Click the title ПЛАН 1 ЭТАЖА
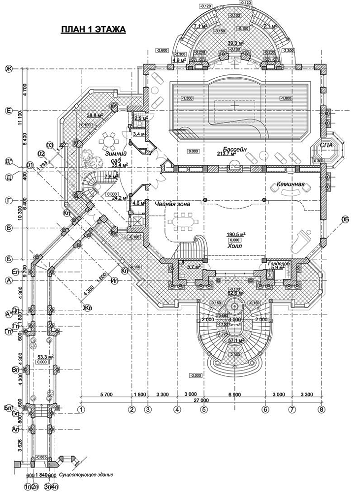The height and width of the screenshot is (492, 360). [93, 30]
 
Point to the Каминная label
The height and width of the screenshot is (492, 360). [292, 185]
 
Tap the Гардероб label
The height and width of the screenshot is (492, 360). [278, 263]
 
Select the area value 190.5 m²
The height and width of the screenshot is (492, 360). [236, 234]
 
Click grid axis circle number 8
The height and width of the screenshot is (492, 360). [322, 408]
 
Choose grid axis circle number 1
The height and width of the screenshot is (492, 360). [82, 408]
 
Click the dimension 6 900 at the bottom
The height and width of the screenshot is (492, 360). [234, 395]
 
